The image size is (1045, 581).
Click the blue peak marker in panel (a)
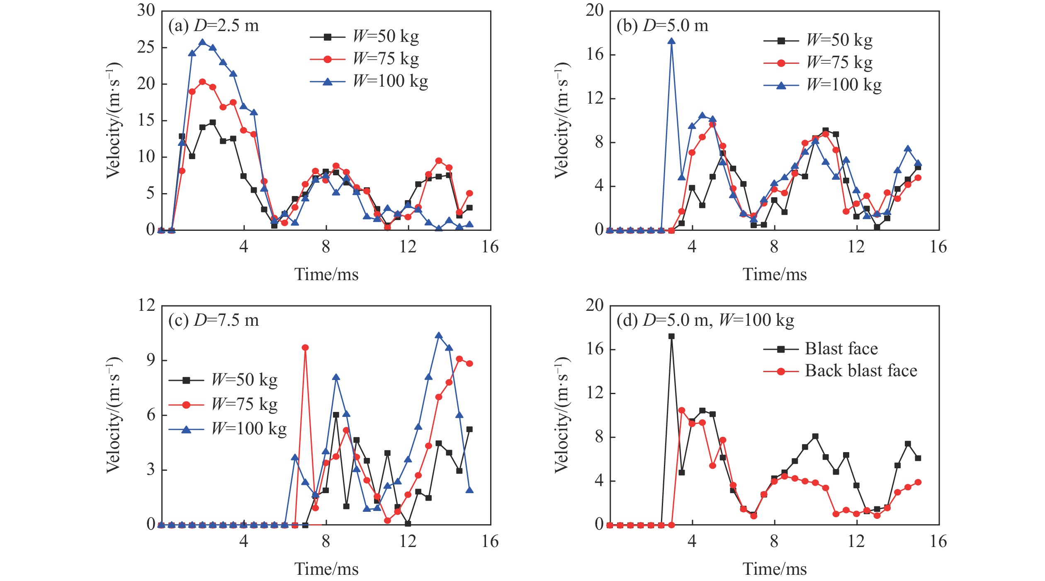pyautogui.click(x=202, y=42)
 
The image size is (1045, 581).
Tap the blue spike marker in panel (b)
pyautogui.click(x=671, y=41)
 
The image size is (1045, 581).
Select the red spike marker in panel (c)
pyautogui.click(x=305, y=348)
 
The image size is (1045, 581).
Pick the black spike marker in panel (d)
pyautogui.click(x=671, y=336)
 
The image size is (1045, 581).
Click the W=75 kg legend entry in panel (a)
pyautogui.click(x=365, y=59)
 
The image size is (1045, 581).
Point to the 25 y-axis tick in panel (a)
pyautogui.click(x=146, y=48)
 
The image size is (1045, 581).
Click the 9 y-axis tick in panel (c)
pyautogui.click(x=151, y=360)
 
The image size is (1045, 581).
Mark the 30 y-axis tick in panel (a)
pyautogui.click(x=146, y=11)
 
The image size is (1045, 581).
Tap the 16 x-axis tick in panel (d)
pyautogui.click(x=938, y=542)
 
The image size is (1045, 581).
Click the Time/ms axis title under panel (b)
pyautogui.click(x=774, y=274)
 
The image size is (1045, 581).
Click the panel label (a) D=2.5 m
pyautogui.click(x=214, y=26)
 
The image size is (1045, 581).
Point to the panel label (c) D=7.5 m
pyautogui.click(x=214, y=320)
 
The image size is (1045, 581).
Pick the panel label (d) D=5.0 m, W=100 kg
pyautogui.click(x=705, y=320)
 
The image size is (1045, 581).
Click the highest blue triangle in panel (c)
pyautogui.click(x=439, y=335)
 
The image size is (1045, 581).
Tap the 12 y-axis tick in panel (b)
pyautogui.click(x=595, y=99)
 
